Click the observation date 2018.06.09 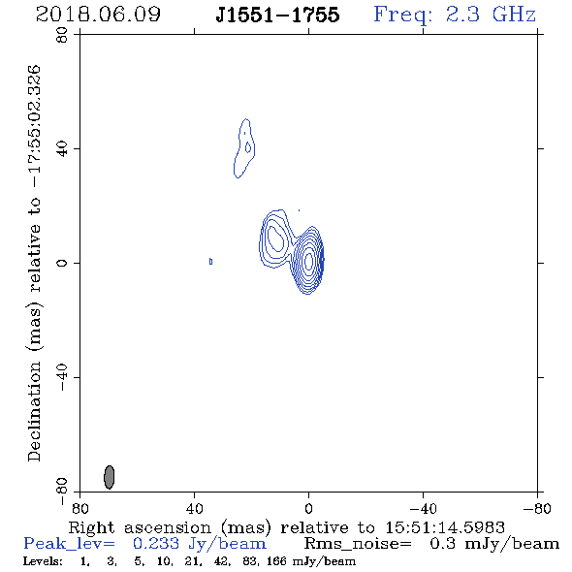(98, 15)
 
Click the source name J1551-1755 (277, 15)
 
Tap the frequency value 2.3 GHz (491, 15)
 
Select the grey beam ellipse (110, 477)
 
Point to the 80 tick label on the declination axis (62, 35)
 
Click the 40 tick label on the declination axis (62, 149)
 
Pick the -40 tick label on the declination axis (62, 377)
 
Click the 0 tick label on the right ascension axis (308, 508)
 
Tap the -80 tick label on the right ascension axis (537, 508)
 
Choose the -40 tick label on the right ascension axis (423, 508)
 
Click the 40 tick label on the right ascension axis (195, 508)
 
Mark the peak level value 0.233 (156, 544)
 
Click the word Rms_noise (358, 544)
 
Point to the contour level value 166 (276, 560)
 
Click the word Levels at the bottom (43, 560)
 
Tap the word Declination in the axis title (34, 411)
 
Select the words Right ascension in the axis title (140, 528)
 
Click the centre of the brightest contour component (308, 261)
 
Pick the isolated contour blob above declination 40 (244, 148)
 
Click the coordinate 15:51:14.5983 (445, 527)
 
